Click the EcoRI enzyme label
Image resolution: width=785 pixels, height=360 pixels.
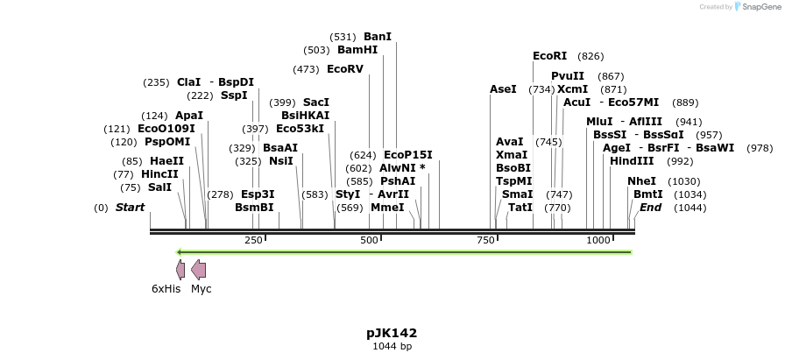click(550, 56)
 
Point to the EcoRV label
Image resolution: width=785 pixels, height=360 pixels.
click(344, 68)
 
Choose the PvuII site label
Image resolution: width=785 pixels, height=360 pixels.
click(567, 76)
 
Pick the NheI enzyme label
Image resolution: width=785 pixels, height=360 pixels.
click(641, 180)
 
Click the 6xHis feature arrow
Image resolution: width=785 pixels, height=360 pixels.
click(180, 269)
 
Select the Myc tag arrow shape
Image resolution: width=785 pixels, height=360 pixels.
click(199, 269)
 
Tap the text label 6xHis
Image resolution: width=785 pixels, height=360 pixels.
click(166, 289)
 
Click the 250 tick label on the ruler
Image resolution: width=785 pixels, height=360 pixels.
click(253, 240)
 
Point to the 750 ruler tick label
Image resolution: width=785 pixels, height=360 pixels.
click(485, 240)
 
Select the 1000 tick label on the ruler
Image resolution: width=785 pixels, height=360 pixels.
click(598, 240)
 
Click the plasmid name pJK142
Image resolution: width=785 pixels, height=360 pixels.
click(392, 333)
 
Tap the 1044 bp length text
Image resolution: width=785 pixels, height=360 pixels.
click(392, 347)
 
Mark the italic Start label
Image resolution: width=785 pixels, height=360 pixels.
click(130, 208)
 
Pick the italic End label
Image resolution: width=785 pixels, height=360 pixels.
click(650, 208)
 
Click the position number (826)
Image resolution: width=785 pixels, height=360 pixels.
click(591, 56)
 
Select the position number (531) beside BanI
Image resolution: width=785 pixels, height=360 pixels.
click(343, 37)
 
